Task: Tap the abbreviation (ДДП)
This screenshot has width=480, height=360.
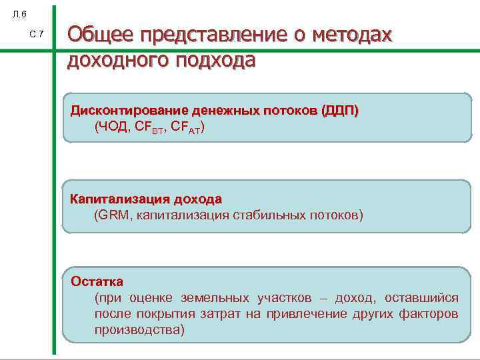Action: click(x=339, y=110)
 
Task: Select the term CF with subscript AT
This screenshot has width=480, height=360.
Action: click(x=186, y=127)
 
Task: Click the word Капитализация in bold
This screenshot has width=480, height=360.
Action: click(x=119, y=199)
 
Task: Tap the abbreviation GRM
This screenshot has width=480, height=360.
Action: click(x=115, y=215)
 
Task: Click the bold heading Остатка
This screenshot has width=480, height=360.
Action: click(x=97, y=281)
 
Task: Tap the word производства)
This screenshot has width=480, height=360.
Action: click(x=139, y=329)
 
